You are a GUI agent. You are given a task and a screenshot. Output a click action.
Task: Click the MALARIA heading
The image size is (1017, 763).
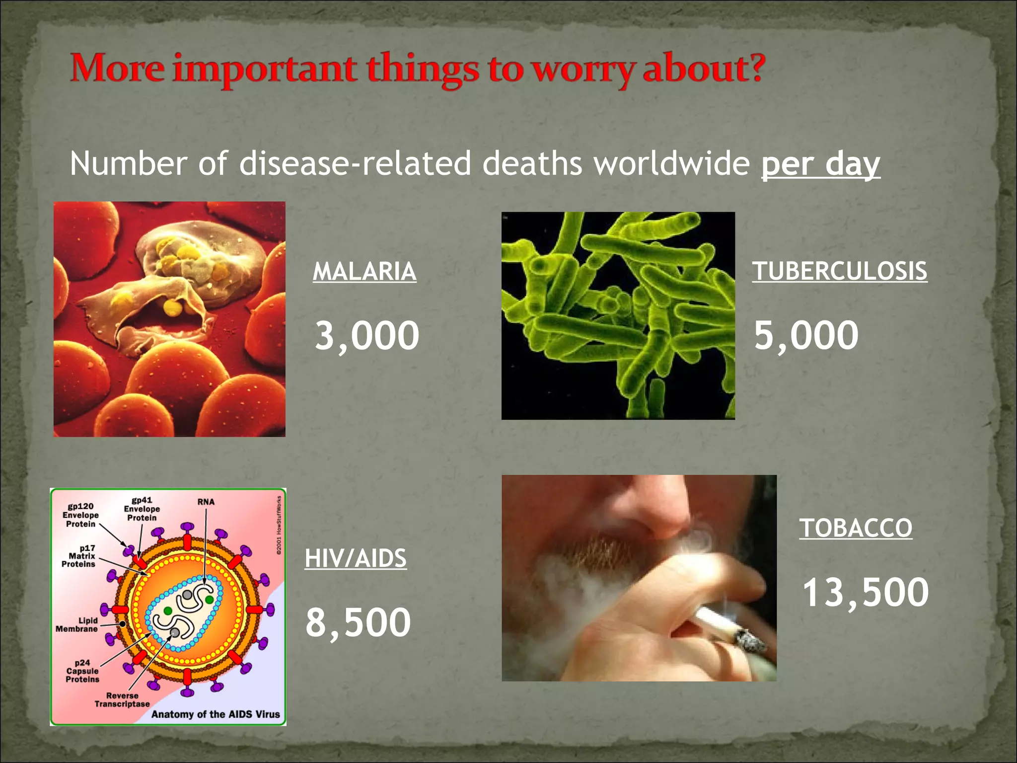click(x=364, y=272)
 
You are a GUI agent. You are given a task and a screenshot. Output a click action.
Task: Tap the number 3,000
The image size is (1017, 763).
click(x=367, y=336)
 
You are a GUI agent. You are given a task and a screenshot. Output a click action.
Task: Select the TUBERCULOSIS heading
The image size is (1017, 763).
click(x=839, y=272)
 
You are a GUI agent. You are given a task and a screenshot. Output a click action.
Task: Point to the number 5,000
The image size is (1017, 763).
click(x=806, y=336)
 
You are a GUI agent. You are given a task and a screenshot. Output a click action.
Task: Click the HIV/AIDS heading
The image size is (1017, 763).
click(x=356, y=558)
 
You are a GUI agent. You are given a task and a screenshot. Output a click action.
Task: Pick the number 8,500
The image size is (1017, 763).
click(x=358, y=622)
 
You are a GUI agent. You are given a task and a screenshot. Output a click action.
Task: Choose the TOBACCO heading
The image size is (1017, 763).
click(x=856, y=528)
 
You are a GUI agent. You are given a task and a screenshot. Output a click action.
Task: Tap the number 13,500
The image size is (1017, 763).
click(x=866, y=592)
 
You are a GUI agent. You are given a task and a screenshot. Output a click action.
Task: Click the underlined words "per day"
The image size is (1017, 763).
click(x=820, y=164)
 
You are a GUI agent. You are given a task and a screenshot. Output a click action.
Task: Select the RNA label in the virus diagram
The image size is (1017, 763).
click(x=206, y=502)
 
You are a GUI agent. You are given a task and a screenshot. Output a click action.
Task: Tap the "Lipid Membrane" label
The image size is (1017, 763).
click(x=77, y=625)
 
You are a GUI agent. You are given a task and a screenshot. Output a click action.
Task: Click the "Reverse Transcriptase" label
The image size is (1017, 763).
click(x=122, y=700)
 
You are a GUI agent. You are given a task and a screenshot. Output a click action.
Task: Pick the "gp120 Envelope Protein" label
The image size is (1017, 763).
click(x=80, y=515)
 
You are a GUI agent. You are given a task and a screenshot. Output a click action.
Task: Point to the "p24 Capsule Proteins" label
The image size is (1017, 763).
click(x=82, y=671)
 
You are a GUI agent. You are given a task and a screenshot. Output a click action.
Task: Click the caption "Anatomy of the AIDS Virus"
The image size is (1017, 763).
click(x=216, y=714)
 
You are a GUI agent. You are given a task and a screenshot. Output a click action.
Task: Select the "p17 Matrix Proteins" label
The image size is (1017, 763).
click(x=79, y=556)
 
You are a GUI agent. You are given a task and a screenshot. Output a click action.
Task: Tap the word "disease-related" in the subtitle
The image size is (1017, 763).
click(x=355, y=164)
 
